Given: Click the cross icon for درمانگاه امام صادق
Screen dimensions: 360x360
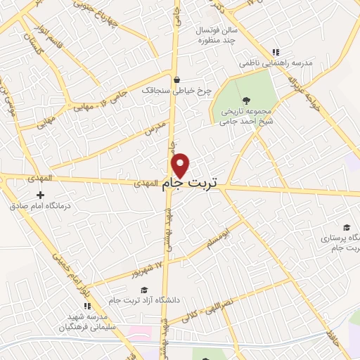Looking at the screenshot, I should coord(40,195).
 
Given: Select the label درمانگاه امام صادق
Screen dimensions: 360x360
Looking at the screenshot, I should coord(40,207).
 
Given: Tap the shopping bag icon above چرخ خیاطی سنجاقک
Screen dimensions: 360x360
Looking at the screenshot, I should coord(176,79).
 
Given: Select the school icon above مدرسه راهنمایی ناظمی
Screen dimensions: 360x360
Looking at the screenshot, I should coord(276,52).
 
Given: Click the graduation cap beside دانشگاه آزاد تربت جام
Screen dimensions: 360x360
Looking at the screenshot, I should coord(144,290).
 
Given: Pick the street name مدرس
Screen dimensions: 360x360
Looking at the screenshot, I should coord(155,129).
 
